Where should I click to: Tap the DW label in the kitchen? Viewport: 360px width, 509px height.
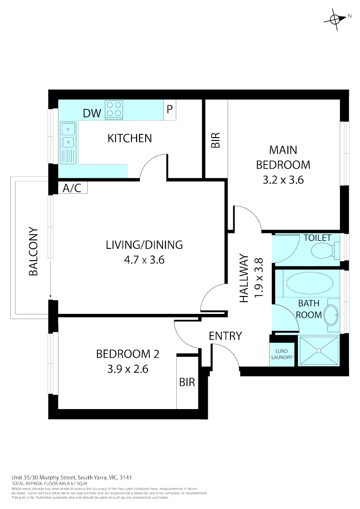pyautogui.click(x=92, y=113)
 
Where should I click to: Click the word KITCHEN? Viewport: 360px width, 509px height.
pyautogui.click(x=130, y=138)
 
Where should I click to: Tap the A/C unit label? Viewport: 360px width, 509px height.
pyautogui.click(x=72, y=188)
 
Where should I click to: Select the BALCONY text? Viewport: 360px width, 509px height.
pyautogui.click(x=33, y=252)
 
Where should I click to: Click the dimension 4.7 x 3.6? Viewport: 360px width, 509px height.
pyautogui.click(x=144, y=260)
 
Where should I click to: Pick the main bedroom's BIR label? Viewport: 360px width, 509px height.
pyautogui.click(x=215, y=140)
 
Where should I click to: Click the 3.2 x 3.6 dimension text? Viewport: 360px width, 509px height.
pyautogui.click(x=283, y=180)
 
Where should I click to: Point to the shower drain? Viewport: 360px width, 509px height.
pyautogui.click(x=319, y=350)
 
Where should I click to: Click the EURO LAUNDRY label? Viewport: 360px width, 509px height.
pyautogui.click(x=282, y=354)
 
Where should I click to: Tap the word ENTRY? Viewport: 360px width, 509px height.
pyautogui.click(x=225, y=336)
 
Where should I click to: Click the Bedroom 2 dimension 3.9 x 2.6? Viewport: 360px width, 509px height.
pyautogui.click(x=128, y=369)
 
